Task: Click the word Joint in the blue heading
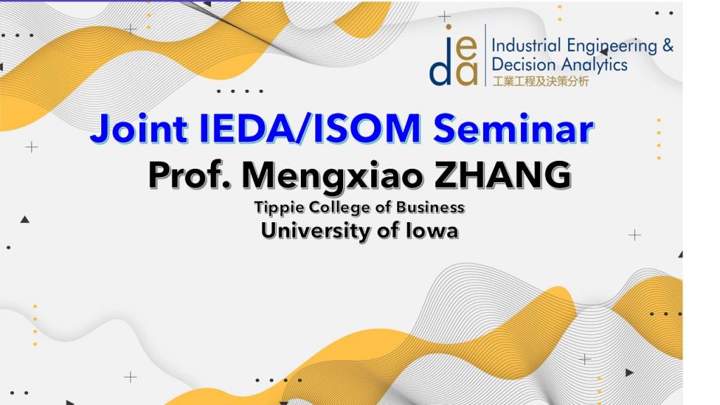pyautogui.click(x=139, y=129)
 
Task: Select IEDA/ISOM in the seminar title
pyautogui.click(x=310, y=128)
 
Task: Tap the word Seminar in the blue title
pyautogui.click(x=513, y=128)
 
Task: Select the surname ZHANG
pyautogui.click(x=503, y=175)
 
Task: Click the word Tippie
pyautogui.click(x=279, y=207)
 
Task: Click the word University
pyautogui.click(x=316, y=231)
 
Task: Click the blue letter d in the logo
pyautogui.click(x=440, y=69)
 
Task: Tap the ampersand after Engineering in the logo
pyautogui.click(x=668, y=46)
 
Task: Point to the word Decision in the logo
pyautogui.click(x=523, y=64)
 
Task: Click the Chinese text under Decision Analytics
pyautogui.click(x=541, y=82)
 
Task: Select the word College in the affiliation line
pyautogui.click(x=340, y=207)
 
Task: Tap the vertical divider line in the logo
pyautogui.click(x=485, y=55)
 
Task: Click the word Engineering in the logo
pyautogui.click(x=612, y=47)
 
